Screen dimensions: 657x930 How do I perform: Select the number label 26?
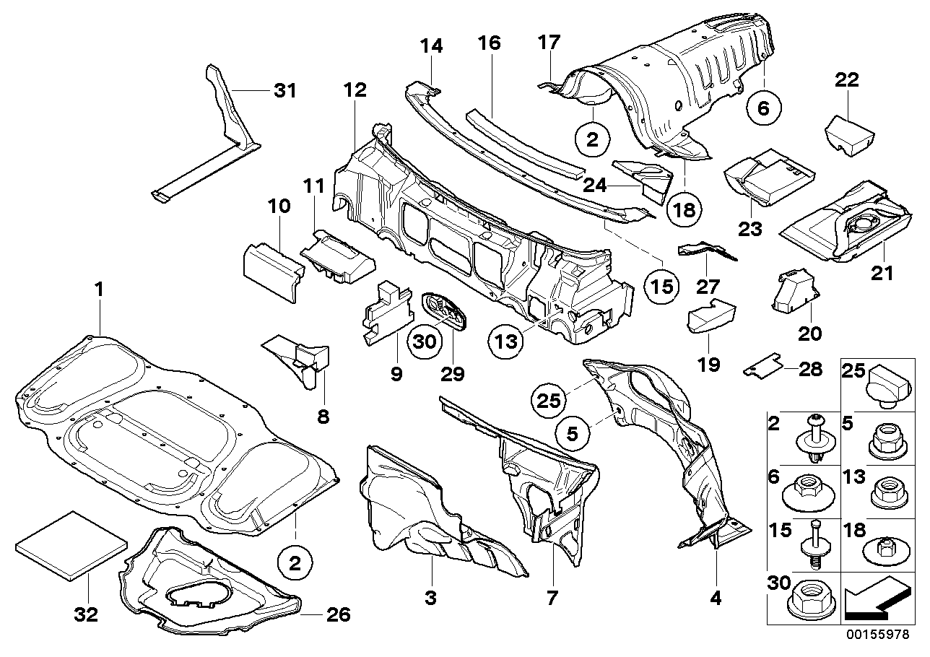337,615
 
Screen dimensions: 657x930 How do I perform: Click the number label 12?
355,91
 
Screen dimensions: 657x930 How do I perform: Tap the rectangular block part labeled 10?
269,271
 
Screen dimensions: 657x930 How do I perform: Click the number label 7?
552,598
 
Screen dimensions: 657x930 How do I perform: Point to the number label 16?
488,43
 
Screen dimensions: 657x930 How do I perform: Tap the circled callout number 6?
765,108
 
